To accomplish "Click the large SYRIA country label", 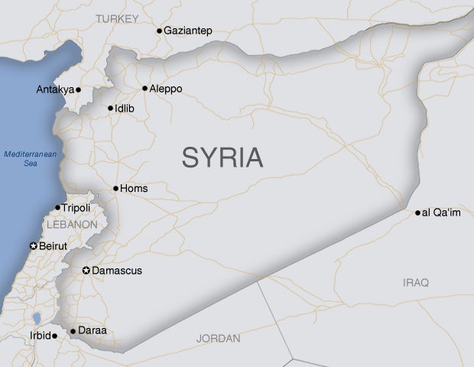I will (x=222, y=158).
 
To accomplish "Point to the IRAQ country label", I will (x=416, y=283).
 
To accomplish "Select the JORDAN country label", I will (x=218, y=338).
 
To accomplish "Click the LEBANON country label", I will (x=72, y=225).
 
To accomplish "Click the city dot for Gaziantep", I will (x=159, y=31).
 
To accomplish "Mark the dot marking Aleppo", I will (x=144, y=89).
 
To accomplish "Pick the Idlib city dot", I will (x=110, y=109).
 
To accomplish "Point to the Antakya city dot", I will (x=78, y=90).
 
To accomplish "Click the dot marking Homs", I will (x=115, y=188).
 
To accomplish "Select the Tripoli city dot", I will (x=57, y=207).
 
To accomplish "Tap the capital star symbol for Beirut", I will (x=33, y=245).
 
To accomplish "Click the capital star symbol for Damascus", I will (x=86, y=271).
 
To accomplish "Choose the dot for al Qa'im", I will (x=417, y=213).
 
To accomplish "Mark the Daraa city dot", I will (x=73, y=331).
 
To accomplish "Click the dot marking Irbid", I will (x=54, y=336).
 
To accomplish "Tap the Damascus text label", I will (x=117, y=271).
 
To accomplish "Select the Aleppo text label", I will (x=166, y=89).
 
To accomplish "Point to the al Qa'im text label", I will (x=442, y=213).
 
